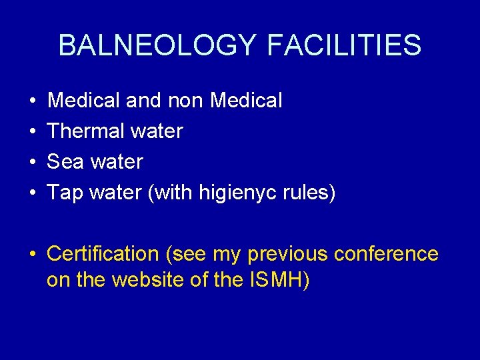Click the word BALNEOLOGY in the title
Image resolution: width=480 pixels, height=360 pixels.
(x=157, y=45)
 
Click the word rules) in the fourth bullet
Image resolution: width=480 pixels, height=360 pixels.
(x=313, y=193)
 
